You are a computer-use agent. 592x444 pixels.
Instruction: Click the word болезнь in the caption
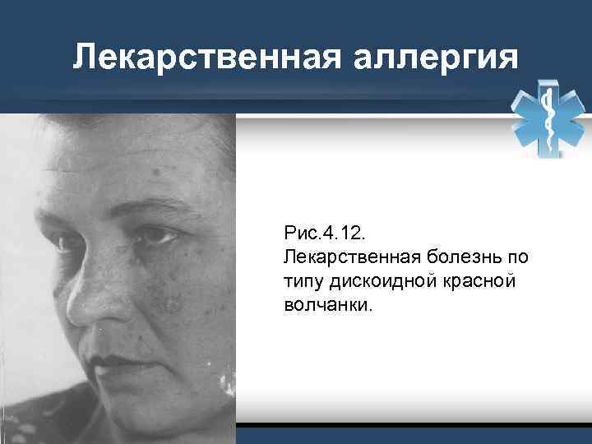tap(471, 258)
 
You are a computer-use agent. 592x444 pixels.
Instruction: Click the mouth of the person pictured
tap(111, 360)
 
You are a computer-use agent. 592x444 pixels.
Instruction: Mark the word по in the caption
tap(517, 258)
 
